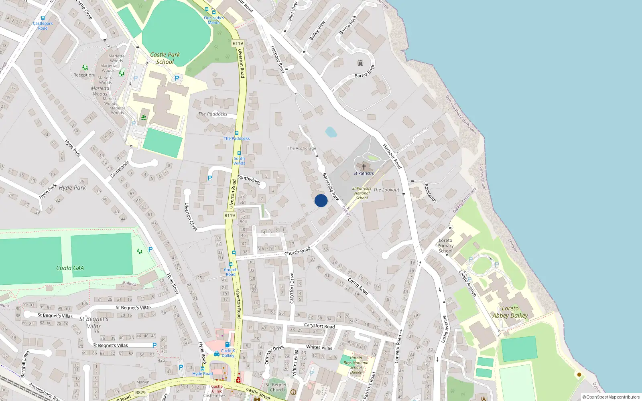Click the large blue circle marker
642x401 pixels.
coord(321,200)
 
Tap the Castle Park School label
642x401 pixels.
coord(165,58)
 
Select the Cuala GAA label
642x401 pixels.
coord(70,268)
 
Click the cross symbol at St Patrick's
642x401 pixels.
coord(364,167)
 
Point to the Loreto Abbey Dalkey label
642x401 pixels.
coord(510,312)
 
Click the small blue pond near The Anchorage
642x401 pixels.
coord(331,132)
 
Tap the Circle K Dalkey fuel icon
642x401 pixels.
coord(228,344)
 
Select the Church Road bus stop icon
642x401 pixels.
coord(231,264)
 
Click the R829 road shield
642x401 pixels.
coord(140,393)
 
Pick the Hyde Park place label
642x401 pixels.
coord(72,188)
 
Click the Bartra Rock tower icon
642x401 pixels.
coord(360,63)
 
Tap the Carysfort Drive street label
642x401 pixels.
coord(292,288)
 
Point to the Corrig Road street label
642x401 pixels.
coord(358,286)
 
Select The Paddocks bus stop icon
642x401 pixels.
coord(237,133)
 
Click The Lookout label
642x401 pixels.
coord(386,190)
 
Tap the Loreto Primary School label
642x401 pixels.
coord(445,245)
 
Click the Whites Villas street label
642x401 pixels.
coord(319,347)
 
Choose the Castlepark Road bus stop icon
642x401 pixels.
coord(43,18)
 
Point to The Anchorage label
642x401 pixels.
coord(302,148)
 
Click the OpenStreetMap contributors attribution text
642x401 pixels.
coord(612,397)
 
